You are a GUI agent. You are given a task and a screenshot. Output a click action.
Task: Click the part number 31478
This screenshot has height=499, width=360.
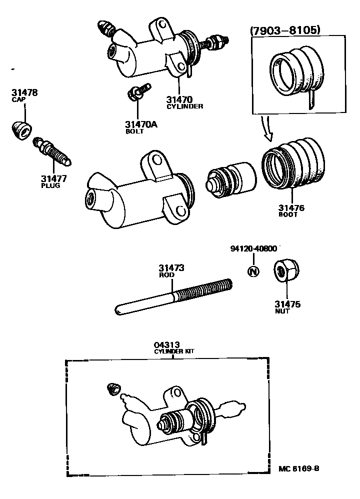(24, 93)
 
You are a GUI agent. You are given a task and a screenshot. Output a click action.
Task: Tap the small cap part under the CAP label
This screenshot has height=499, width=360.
(20, 130)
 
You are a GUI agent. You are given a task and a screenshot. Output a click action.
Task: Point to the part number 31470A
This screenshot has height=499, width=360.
(141, 124)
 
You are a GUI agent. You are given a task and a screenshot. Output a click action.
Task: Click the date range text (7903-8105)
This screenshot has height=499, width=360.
(284, 30)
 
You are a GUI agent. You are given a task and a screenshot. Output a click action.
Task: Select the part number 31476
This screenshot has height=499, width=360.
(291, 207)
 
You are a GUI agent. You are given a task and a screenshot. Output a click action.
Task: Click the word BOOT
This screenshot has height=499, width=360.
(288, 214)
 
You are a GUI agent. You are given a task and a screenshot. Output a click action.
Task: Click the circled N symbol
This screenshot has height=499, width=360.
(254, 271)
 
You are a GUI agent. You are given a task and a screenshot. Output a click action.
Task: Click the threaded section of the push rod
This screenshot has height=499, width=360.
(203, 290)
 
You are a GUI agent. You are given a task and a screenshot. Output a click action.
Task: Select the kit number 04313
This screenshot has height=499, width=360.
(166, 345)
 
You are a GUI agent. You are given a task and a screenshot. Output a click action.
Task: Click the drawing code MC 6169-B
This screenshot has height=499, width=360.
(298, 469)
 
